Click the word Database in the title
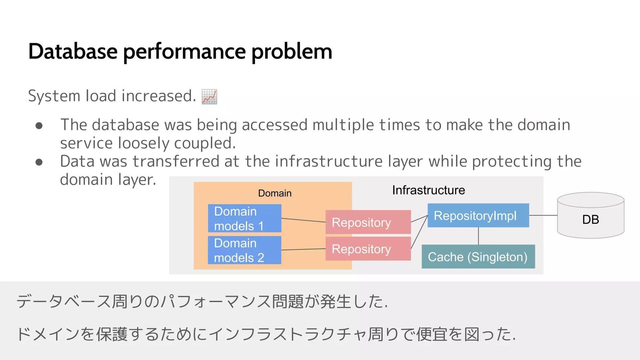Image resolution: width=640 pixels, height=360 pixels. click(73, 51)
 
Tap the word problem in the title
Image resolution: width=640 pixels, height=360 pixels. click(291, 52)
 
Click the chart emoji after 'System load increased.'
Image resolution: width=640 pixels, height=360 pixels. click(209, 97)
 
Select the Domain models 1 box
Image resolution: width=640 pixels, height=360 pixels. click(244, 218)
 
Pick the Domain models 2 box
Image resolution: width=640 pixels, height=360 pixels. click(244, 250)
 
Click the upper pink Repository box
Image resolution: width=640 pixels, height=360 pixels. click(368, 222)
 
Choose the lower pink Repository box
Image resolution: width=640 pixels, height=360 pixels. click(368, 249)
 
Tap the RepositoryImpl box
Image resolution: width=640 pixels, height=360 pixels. click(478, 215)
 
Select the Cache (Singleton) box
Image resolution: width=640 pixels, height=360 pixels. click(478, 257)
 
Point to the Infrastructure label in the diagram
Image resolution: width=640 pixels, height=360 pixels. click(428, 190)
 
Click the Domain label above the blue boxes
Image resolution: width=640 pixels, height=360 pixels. click(275, 193)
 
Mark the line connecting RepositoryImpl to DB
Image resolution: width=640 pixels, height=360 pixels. click(543, 215)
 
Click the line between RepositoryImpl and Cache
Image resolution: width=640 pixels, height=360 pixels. click(478, 236)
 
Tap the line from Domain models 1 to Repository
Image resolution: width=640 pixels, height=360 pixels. click(303, 220)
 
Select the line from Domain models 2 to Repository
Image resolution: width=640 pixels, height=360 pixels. click(303, 249)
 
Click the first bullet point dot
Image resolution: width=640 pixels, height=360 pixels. click(39, 126)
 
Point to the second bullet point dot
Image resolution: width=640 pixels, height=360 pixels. click(39, 162)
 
